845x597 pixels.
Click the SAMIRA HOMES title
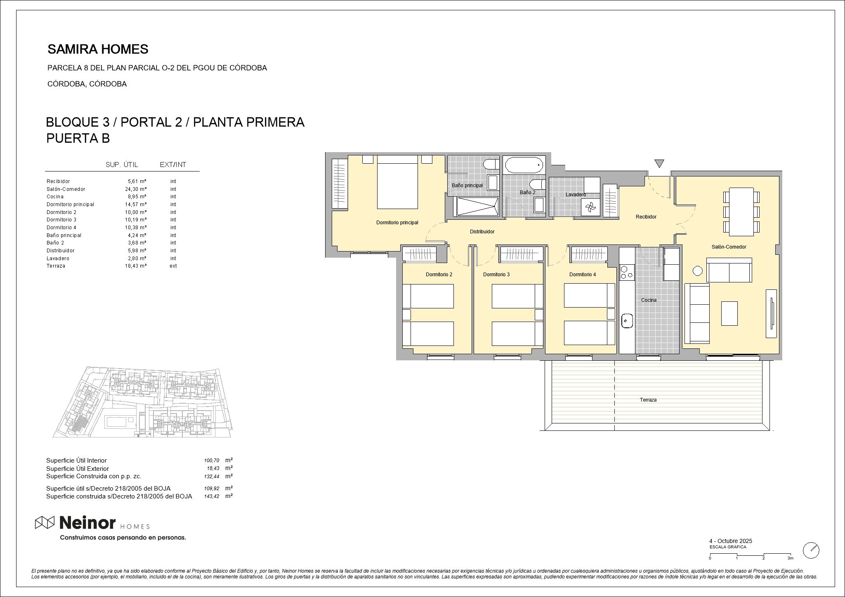pos(98,49)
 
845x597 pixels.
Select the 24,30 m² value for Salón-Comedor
pos(137,189)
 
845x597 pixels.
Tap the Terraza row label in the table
pos(56,266)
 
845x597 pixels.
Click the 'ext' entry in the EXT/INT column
pos(173,266)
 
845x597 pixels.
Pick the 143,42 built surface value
pos(212,496)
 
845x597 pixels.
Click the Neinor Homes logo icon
pos(45,522)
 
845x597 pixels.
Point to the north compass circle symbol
pos(811,550)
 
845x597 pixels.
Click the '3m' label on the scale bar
pos(790,558)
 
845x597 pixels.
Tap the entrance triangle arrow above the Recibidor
pos(659,163)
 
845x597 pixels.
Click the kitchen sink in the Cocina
pos(627,320)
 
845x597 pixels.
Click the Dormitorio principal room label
pos(397,223)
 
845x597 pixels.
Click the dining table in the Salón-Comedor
pos(741,212)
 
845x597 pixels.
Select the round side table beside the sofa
pos(697,271)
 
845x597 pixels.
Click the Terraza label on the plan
pos(648,400)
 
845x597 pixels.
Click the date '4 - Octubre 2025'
pos(730,541)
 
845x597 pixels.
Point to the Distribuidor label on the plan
pos(482,232)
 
